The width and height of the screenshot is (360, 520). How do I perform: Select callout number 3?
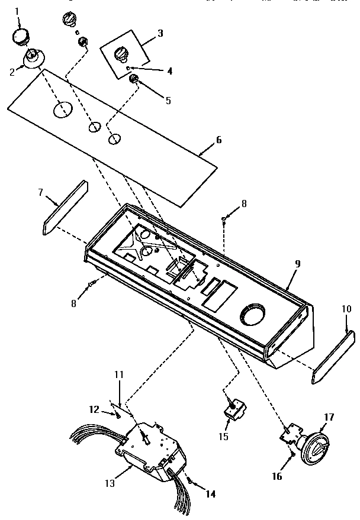pos(160,33)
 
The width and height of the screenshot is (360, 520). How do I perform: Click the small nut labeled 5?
pos(134,79)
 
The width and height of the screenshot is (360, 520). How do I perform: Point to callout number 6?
pos(218,140)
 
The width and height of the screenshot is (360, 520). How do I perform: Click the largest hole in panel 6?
pos(63,109)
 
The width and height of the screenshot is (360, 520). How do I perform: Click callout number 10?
pos(346,308)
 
